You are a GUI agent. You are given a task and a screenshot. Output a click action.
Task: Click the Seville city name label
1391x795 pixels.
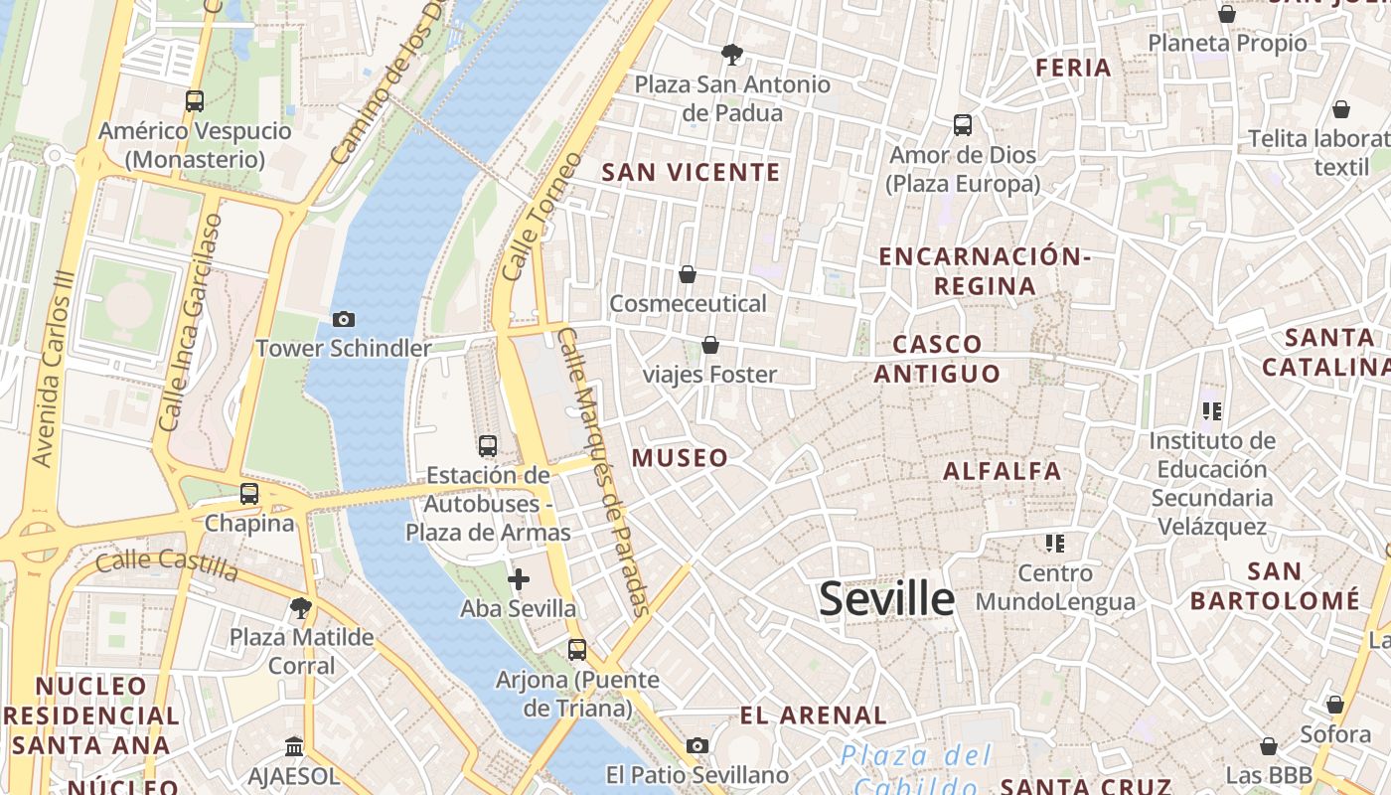886,599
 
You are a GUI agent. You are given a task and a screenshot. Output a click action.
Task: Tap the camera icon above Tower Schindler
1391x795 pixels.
344,319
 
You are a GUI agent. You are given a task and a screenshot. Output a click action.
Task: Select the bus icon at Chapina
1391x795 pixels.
249,493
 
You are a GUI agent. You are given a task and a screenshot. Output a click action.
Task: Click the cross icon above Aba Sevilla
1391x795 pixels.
518,579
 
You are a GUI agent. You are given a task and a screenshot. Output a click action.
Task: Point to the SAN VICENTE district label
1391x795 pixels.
692,172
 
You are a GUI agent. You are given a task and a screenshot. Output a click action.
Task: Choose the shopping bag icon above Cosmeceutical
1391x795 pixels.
688,273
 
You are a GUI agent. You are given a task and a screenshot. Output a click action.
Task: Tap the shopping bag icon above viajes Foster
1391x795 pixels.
710,345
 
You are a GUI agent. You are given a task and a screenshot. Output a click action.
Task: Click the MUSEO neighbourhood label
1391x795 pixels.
681,458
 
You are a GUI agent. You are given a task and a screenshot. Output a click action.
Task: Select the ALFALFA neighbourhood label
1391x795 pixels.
1003,471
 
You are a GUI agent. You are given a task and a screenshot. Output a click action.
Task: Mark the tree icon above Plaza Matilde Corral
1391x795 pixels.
301,607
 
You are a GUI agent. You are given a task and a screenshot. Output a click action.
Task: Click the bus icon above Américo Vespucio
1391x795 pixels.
195,100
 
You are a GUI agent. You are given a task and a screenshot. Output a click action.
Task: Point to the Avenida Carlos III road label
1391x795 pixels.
55,368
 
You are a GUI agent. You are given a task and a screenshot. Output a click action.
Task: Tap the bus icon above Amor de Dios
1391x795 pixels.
963,125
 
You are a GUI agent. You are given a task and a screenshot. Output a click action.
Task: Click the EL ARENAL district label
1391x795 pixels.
814,715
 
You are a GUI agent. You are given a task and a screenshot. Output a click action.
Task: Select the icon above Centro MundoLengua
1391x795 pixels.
1055,543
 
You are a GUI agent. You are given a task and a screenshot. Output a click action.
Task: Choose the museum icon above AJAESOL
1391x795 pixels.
294,746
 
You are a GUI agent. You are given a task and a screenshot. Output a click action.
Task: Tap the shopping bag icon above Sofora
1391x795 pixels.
1335,705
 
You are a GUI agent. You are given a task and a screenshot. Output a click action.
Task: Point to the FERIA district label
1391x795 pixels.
1073,68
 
